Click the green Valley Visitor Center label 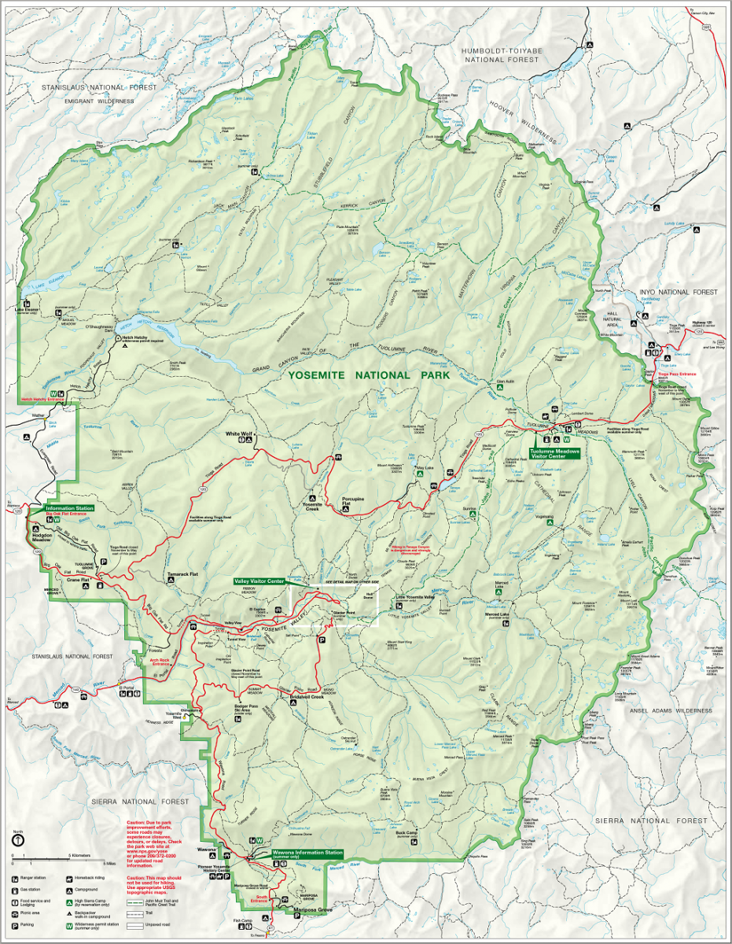pos(259,581)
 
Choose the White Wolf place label pos(239,433)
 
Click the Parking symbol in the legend pos(15,926)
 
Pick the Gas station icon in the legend pos(15,890)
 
